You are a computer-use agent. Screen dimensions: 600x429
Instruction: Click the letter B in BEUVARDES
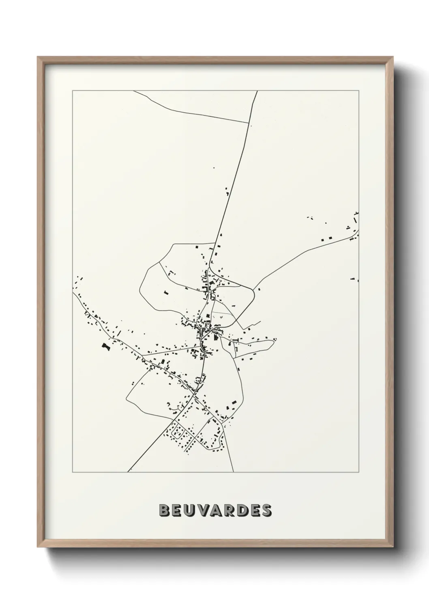(x=165, y=511)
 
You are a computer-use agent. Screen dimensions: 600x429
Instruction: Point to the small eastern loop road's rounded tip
(x=275, y=339)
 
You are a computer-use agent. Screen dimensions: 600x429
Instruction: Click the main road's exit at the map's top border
(x=257, y=91)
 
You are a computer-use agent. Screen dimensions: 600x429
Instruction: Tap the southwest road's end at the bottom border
(x=128, y=472)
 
